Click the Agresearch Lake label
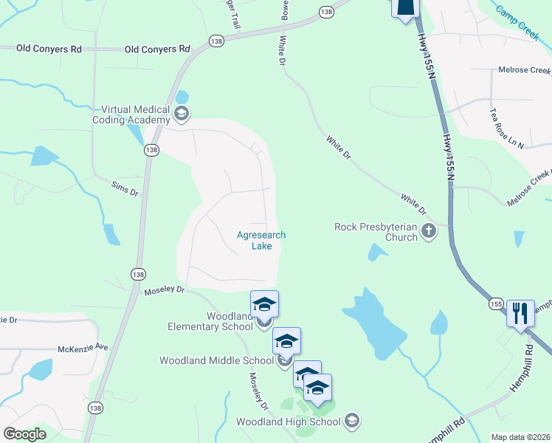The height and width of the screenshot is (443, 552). click(261, 241)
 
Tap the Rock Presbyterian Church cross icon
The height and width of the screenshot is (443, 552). click(428, 233)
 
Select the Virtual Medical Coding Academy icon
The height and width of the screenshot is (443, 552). click(182, 114)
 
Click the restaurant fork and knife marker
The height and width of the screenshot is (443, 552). click(520, 314)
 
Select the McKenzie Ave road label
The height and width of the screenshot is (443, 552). click(83, 347)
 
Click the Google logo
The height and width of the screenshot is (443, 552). click(25, 433)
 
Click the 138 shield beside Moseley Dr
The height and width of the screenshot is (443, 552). click(138, 274)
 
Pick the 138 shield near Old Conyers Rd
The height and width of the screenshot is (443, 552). click(216, 41)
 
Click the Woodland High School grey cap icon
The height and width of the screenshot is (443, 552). click(352, 420)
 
